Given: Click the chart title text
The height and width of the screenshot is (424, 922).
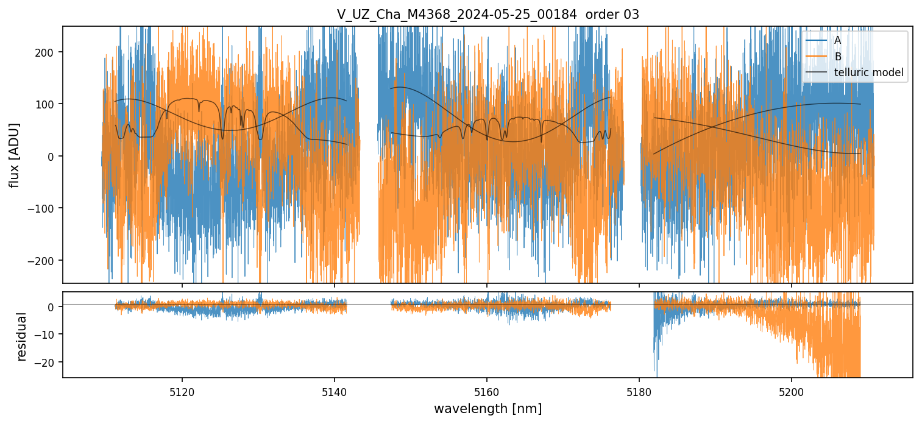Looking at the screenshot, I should click(488, 15).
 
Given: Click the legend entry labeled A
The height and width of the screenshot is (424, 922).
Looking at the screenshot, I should click(837, 41).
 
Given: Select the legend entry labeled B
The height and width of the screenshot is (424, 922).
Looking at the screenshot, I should click(837, 57).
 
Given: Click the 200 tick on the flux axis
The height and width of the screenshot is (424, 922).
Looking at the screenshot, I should click(49, 52).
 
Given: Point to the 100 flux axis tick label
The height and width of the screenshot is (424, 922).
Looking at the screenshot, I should click(49, 104).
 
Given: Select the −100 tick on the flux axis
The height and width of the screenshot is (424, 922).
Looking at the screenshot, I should click(46, 208).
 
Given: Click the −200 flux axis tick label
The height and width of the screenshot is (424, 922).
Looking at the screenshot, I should click(46, 261).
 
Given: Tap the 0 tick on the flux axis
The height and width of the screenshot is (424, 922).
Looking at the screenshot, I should click(54, 157).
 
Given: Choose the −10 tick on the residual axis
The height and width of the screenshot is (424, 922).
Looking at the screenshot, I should click(49, 334).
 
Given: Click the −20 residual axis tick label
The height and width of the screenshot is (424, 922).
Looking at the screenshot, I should click(49, 362).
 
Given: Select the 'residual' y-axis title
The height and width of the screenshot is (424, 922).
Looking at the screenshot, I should click(22, 336).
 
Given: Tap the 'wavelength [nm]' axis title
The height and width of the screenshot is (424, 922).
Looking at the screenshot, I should click(488, 408).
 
